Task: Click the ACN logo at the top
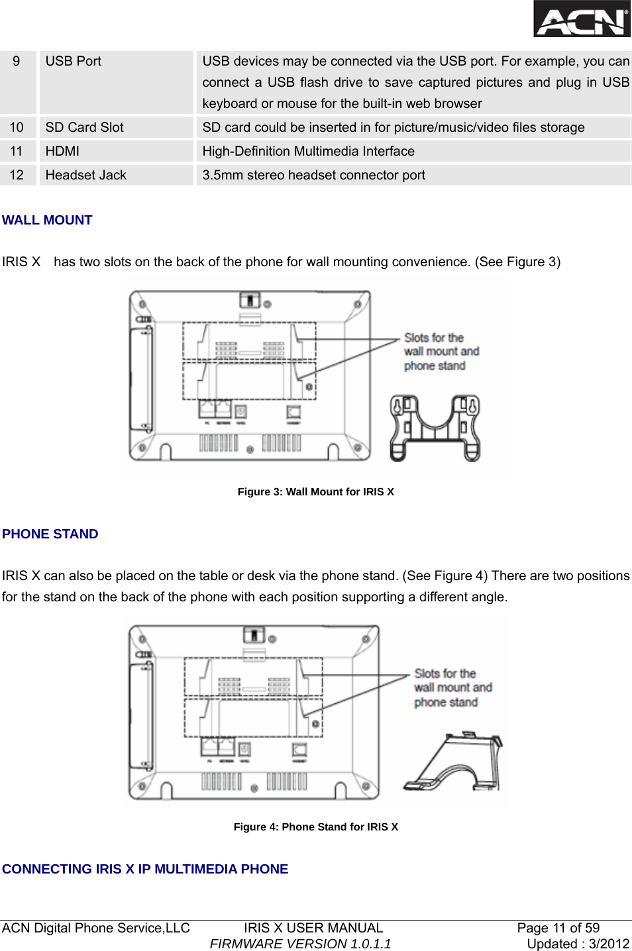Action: coord(582,19)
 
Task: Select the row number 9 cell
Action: coord(17,62)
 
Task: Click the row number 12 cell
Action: coord(17,175)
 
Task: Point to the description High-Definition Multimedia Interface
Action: coord(308,151)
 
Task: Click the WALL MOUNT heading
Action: coord(47,220)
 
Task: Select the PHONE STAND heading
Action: coord(50,534)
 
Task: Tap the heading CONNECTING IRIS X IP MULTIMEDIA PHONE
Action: coord(145,869)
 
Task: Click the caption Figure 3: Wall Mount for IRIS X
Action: coord(315,491)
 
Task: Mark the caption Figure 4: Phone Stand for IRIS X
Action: coord(315,826)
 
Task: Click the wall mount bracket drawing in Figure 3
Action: coord(435,427)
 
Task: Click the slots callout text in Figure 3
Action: coord(441,352)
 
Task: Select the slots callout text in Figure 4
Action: coord(452,687)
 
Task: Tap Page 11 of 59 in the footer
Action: coord(558,928)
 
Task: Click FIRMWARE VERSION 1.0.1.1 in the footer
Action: coord(300,944)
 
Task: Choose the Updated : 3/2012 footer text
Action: coord(578,944)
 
